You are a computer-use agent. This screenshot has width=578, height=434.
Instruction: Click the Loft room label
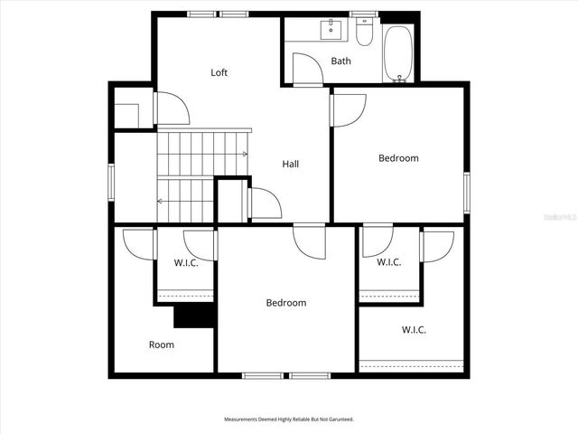(219, 72)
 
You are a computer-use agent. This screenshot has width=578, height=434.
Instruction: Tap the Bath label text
(340, 61)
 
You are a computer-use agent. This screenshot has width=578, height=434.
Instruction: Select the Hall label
(290, 164)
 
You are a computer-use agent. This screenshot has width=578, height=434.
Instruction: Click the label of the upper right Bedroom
(398, 158)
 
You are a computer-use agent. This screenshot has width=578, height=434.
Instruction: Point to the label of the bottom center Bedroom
(285, 303)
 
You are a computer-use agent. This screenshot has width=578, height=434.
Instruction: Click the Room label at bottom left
(162, 344)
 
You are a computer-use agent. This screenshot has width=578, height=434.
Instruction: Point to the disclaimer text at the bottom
(289, 420)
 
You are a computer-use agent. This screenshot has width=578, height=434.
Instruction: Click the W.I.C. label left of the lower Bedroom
(186, 263)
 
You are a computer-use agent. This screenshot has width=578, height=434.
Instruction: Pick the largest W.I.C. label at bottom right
(414, 330)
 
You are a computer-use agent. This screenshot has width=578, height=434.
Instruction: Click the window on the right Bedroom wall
(467, 191)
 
